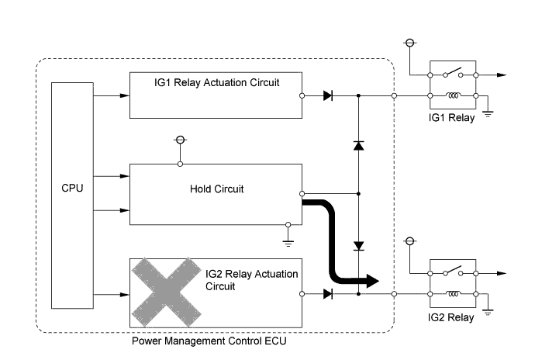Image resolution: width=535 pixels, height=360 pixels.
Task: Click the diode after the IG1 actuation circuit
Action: [327, 96]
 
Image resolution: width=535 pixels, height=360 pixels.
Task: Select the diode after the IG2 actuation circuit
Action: [327, 294]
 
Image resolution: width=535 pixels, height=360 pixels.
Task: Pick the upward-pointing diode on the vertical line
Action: [358, 146]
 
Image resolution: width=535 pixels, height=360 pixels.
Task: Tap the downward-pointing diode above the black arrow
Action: [358, 245]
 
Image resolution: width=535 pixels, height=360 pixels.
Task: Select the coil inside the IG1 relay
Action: [453, 96]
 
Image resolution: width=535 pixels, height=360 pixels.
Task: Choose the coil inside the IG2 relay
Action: [453, 294]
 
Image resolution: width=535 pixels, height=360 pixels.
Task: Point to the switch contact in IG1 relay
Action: [453, 73]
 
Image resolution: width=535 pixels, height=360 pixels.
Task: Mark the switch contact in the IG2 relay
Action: [453, 271]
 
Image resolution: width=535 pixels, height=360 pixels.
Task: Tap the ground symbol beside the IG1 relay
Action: [489, 113]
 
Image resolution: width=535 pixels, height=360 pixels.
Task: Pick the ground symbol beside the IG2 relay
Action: [489, 311]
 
